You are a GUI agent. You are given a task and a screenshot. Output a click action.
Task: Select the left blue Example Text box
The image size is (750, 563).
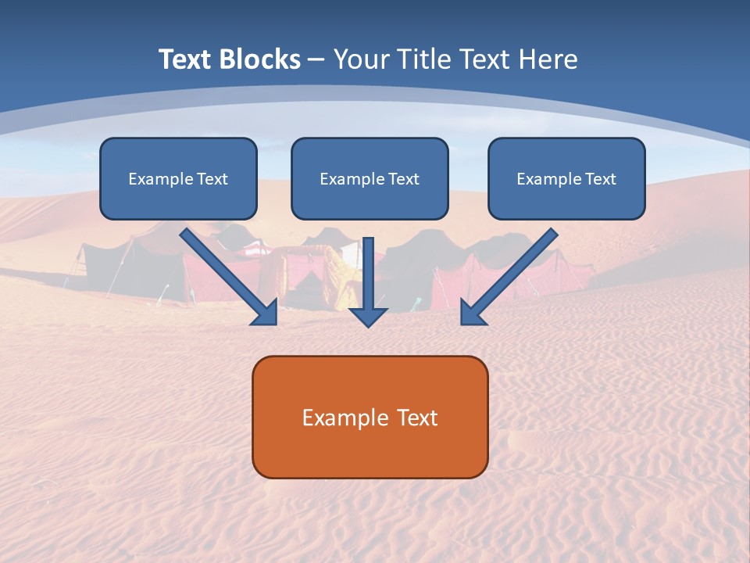[x=178, y=179]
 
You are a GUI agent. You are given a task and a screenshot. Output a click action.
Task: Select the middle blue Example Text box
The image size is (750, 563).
[x=370, y=179]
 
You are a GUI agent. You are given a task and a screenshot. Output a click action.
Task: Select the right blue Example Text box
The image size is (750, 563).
[x=566, y=179]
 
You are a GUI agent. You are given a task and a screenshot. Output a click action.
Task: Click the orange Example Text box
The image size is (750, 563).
[x=370, y=417]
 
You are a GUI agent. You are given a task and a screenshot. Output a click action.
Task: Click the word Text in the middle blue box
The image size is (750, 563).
[x=403, y=179]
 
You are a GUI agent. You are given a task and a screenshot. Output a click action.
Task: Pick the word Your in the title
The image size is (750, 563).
[x=361, y=59]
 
